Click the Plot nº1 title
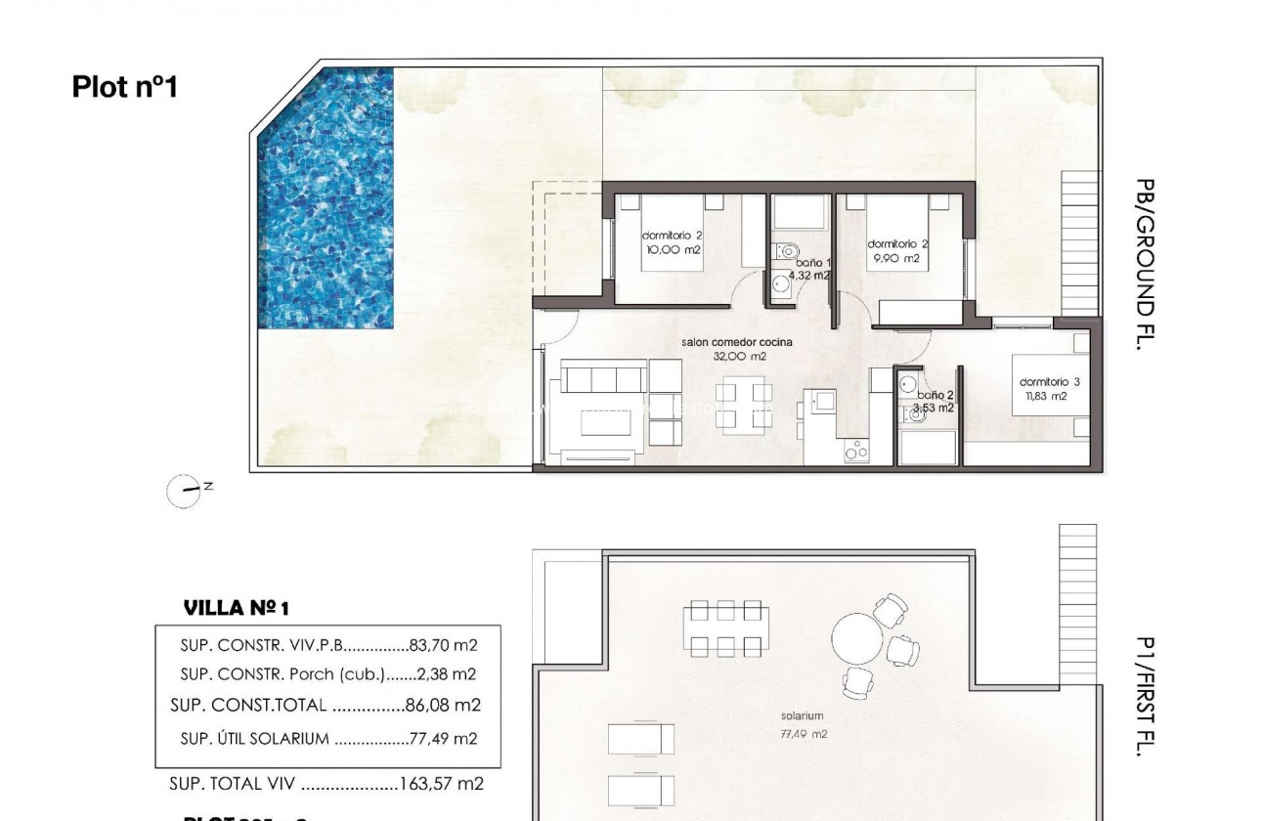tap(124, 87)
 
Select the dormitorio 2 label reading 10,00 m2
tap(672, 242)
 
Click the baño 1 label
tap(811, 269)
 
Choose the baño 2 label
tap(934, 402)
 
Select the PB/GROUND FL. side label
tap(1146, 264)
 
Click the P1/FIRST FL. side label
tap(1146, 696)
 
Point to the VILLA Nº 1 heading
tap(237, 609)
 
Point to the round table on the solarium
tap(857, 639)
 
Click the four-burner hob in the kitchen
tap(857, 451)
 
